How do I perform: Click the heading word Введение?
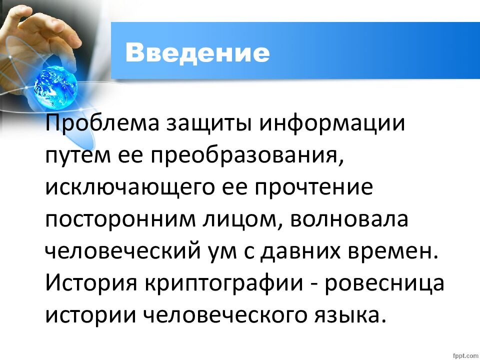pos(197,52)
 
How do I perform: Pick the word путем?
pos(74,156)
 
